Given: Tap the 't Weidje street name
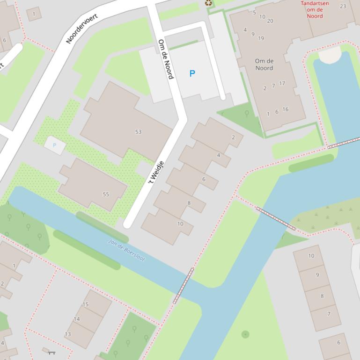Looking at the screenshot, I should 156,172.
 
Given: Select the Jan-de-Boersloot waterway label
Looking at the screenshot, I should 126,250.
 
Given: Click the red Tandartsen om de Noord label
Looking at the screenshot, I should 315,9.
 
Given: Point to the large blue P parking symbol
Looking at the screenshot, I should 192,73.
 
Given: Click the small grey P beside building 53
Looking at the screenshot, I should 54,145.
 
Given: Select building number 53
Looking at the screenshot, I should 138,132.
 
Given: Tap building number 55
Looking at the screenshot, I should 106,194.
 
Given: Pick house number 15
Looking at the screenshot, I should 85,304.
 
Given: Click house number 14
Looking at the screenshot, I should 77,319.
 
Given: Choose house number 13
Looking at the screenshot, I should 68,334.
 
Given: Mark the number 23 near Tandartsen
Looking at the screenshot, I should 343,6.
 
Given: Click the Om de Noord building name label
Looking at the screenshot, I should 264,65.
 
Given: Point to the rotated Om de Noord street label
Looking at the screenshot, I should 166,59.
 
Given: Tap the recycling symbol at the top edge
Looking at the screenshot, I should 208,3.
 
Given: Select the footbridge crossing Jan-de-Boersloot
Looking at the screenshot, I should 183,285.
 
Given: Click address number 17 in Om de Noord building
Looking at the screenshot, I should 282,84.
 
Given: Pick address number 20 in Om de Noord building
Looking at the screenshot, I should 270,21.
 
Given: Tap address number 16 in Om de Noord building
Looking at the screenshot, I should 285,109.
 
